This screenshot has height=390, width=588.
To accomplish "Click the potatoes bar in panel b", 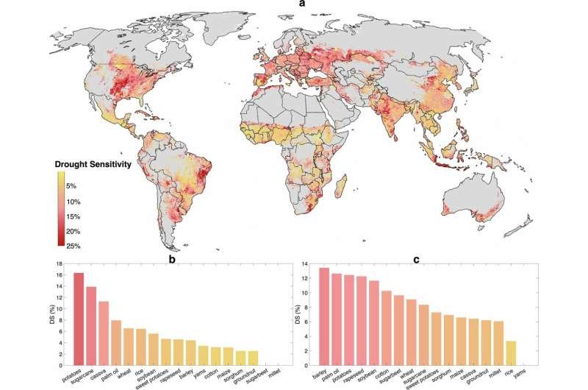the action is point(79,319).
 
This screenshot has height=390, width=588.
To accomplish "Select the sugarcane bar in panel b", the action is point(91,326).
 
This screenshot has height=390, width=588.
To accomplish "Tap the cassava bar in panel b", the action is point(104,333).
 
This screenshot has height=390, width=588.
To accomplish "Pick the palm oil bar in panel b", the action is point(116,342).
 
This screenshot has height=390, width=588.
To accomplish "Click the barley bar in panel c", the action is point(324,316).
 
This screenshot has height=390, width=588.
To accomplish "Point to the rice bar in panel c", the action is point(511,352).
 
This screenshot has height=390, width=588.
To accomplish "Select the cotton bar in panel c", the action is point(387,327).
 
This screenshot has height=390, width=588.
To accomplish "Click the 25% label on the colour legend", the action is point(73,247).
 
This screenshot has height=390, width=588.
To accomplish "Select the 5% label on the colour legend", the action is point(71,186).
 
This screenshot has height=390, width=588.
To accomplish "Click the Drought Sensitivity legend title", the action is point(93,164).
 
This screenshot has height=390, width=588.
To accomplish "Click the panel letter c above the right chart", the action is point(416,259).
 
